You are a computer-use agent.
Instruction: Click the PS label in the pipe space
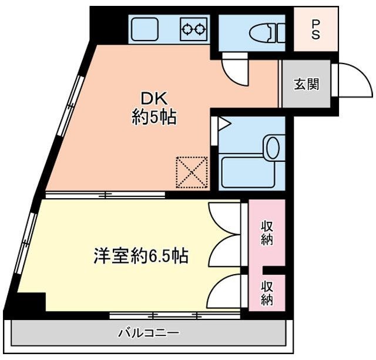click(315, 29)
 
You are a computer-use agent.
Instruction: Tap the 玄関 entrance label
click(306, 84)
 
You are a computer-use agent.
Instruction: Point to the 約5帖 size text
click(154, 117)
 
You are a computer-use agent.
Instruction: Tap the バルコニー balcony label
click(149, 334)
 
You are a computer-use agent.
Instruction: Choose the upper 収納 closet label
click(267, 232)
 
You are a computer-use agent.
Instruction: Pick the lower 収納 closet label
click(267, 293)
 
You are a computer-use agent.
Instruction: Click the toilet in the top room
click(264, 31)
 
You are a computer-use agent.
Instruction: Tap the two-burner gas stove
click(194, 28)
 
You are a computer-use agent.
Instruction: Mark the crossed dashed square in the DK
click(193, 172)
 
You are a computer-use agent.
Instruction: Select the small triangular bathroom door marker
click(223, 124)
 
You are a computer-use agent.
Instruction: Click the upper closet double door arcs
click(224, 235)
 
